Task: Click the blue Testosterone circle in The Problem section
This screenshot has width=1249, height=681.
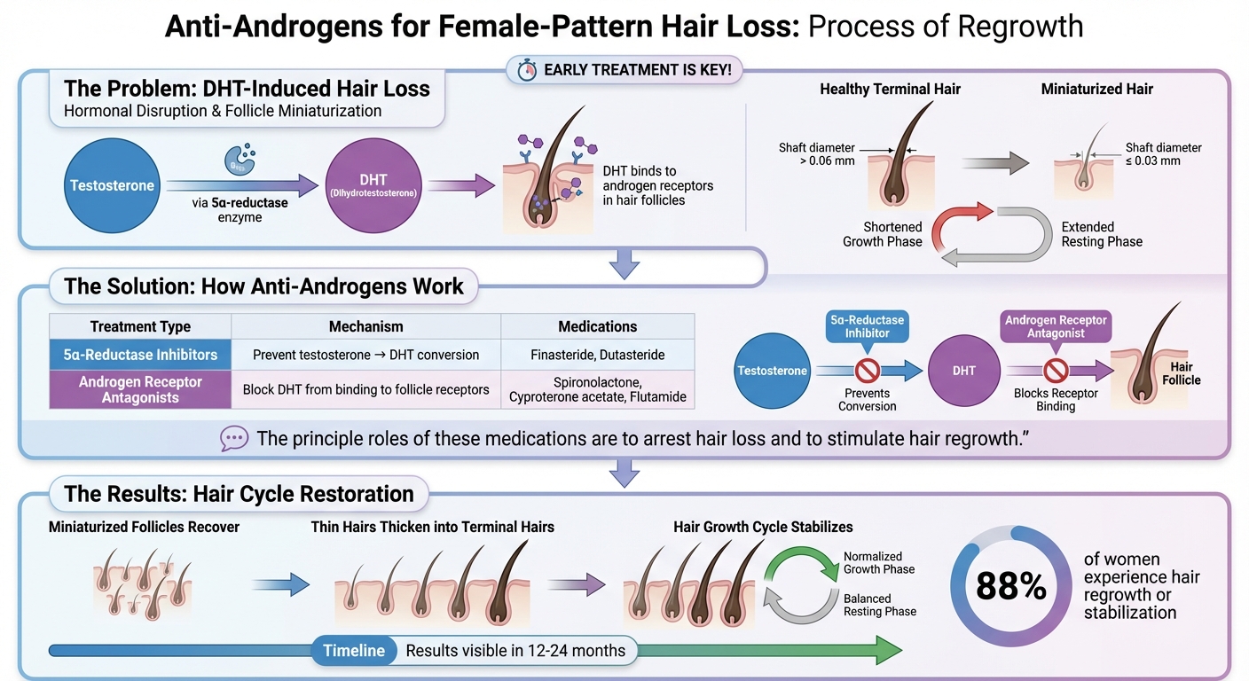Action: [x=112, y=185]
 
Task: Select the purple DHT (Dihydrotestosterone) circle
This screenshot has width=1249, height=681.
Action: [x=373, y=185]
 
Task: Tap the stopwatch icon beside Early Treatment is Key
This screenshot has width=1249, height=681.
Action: [x=527, y=70]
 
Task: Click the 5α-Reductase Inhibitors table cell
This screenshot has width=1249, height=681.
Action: [x=140, y=355]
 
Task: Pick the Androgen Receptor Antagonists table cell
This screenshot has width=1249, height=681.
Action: [x=140, y=389]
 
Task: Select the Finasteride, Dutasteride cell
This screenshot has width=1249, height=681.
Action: [x=597, y=355]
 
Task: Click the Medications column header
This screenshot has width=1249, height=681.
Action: [x=597, y=326]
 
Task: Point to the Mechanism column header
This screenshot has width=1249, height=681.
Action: [x=365, y=326]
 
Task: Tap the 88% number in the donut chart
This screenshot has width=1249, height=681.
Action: [x=1010, y=586]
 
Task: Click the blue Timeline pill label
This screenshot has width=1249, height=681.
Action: [x=354, y=651]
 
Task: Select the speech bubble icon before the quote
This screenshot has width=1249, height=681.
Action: [x=234, y=438]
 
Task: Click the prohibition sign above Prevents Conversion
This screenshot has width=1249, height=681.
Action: [x=867, y=369]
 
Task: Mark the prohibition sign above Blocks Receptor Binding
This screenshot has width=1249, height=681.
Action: [x=1056, y=369]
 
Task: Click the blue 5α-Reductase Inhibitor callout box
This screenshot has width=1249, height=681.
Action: [x=867, y=326]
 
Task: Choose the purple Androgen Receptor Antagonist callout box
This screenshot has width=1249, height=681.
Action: [x=1056, y=327]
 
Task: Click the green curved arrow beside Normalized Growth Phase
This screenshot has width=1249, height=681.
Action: [x=803, y=560]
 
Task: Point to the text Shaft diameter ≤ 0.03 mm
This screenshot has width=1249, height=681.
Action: [x=1163, y=154]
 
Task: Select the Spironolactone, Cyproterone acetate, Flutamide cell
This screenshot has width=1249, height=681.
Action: [x=597, y=389]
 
